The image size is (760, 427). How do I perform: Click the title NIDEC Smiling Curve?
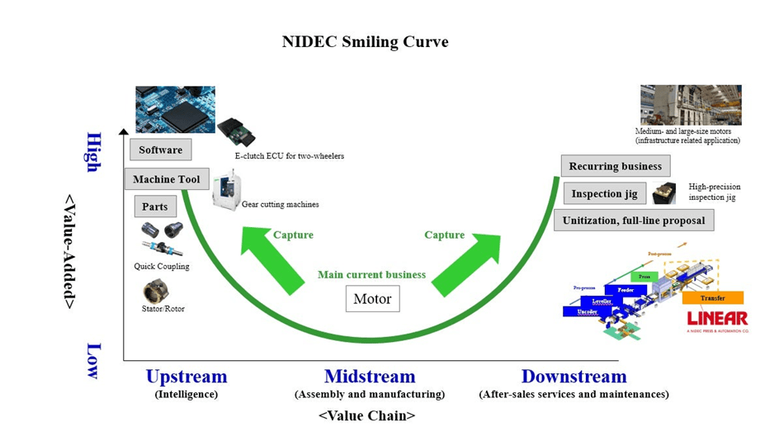point(365,41)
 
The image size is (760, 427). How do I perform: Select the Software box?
point(160,149)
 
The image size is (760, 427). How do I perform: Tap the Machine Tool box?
point(166,179)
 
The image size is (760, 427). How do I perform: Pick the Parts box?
point(154,206)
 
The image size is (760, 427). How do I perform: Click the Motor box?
point(371,298)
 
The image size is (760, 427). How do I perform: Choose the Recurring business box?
point(615,166)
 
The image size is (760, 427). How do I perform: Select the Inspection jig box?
point(604,193)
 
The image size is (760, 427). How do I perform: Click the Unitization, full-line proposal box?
point(634,221)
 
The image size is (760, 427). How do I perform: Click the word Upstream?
point(186,377)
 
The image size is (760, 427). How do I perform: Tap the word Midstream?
point(370,377)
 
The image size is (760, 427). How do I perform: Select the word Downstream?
point(574,377)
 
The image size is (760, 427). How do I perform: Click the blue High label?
point(93,152)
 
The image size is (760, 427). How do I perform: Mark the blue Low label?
point(93,360)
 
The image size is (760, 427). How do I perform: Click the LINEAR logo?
point(716,319)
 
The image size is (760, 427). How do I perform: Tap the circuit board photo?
point(175,110)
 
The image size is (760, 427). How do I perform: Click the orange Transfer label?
point(712,297)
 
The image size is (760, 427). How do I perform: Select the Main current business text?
point(371,274)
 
